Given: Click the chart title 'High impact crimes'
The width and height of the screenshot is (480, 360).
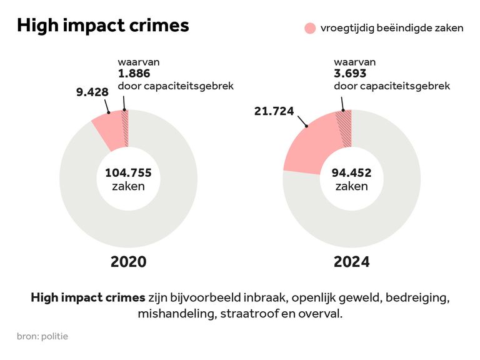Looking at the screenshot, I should [102, 26].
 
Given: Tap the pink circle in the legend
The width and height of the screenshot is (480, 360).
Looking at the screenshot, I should [310, 28].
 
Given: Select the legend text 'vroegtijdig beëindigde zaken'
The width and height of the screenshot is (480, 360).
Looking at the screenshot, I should [392, 28].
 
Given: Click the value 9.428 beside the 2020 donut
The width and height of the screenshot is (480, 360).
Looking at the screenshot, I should [92, 92].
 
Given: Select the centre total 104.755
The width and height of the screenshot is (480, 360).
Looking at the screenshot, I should [128, 173].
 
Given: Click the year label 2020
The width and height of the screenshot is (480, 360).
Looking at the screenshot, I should [128, 261].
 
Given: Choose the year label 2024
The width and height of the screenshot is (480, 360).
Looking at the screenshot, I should [351, 261].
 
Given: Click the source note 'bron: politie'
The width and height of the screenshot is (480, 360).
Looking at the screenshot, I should [42, 336].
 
